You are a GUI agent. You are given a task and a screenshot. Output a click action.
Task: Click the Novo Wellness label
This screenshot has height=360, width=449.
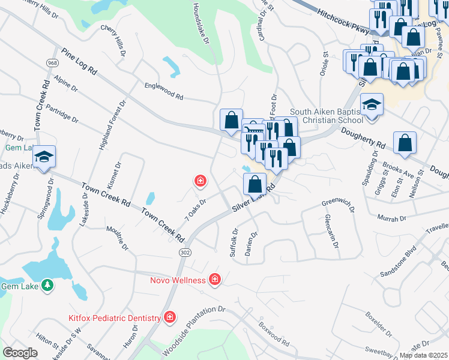pos(178,280)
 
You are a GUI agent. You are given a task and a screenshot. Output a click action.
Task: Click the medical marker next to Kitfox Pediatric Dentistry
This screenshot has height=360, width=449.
pos(170,317)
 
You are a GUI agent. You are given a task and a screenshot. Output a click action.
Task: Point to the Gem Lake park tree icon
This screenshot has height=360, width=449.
pos(46,285)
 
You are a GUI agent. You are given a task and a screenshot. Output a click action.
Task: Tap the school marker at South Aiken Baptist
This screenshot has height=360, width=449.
pos(372,105)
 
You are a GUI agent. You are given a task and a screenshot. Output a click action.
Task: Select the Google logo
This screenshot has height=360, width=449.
pos(20,353)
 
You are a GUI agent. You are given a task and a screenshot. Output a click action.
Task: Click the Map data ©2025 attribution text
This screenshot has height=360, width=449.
pos(423,355)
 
